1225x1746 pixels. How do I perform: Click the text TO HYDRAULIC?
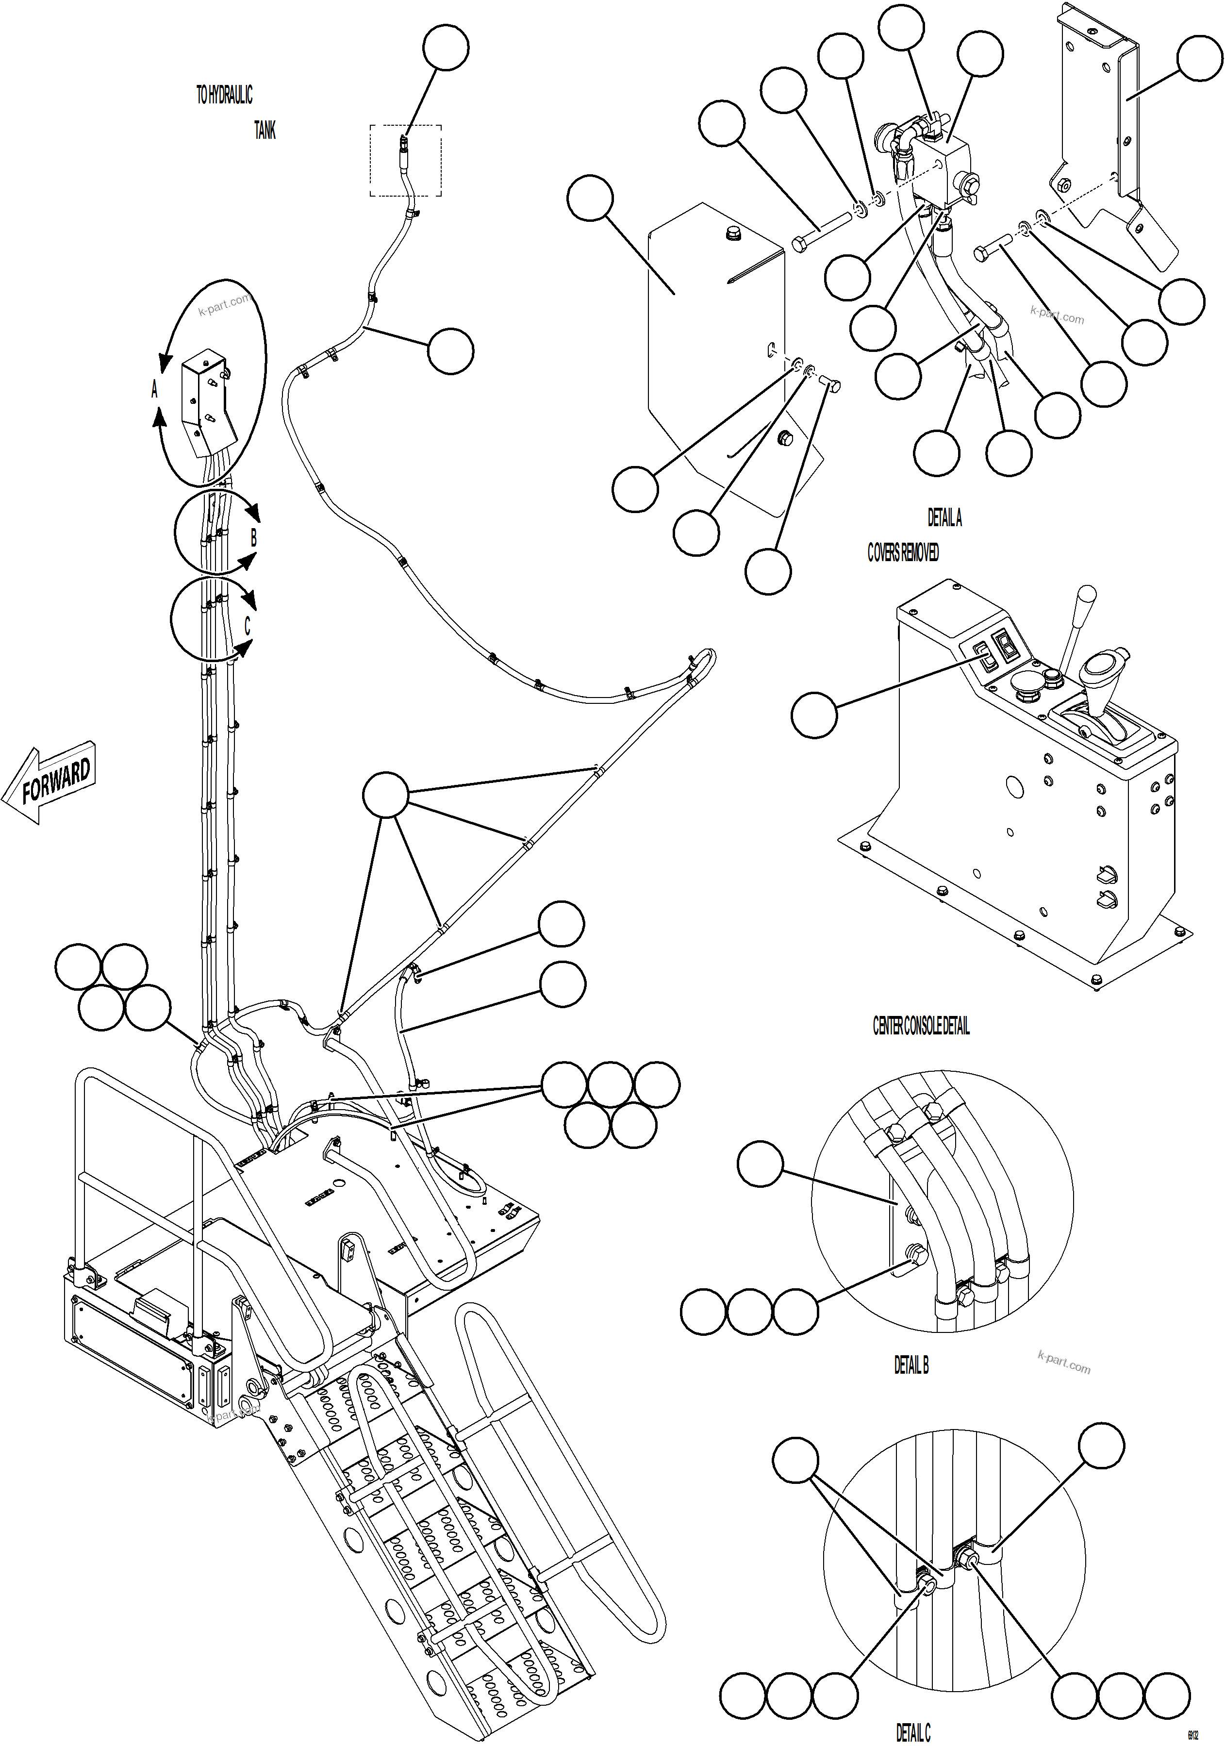coord(224,95)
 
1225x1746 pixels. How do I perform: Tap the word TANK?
coord(265,130)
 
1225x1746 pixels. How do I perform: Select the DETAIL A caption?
coord(944,518)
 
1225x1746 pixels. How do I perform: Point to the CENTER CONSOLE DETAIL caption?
coord(921,1026)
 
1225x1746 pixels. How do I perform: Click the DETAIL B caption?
coord(911,1365)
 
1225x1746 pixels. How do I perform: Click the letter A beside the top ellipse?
coord(154,389)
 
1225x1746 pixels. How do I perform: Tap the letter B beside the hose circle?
coord(253,538)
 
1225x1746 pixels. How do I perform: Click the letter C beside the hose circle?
coord(247,625)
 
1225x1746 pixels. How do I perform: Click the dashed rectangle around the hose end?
coord(405,161)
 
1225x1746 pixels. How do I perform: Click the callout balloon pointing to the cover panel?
coord(590,198)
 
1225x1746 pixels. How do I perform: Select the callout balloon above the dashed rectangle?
coord(446,47)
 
